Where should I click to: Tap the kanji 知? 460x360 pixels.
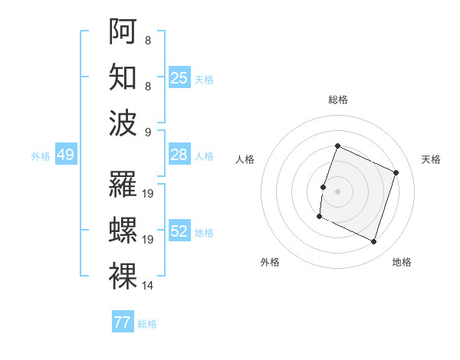(123, 77)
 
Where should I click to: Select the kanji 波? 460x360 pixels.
(123, 123)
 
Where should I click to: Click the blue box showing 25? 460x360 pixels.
(179, 77)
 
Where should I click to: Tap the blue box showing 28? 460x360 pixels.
(179, 155)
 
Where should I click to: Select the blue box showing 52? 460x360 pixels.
(179, 231)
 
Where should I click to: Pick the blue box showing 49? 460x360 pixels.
(66, 155)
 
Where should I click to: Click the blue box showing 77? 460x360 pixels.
(123, 322)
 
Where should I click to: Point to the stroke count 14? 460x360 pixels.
(148, 286)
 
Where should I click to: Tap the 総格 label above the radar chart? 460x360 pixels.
(337, 100)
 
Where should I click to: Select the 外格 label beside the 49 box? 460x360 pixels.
(41, 155)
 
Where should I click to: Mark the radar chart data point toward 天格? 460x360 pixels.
(396, 172)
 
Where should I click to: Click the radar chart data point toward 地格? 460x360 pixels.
(374, 242)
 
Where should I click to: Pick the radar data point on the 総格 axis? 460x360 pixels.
(337, 146)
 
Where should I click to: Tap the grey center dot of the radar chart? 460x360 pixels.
(337, 191)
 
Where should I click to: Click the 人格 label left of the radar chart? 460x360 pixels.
(245, 159)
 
